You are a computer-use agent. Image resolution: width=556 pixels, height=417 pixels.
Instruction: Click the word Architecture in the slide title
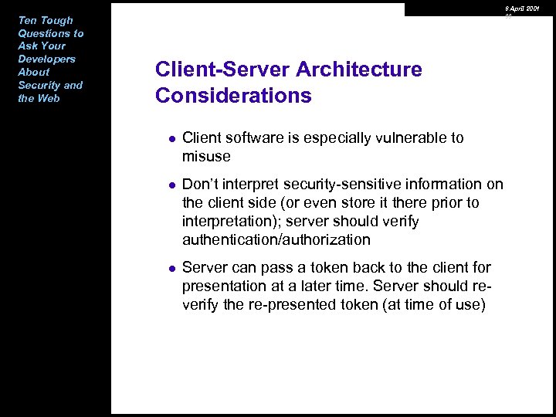tap(359, 69)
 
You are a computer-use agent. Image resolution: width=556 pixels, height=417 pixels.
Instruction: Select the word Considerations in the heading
tap(233, 96)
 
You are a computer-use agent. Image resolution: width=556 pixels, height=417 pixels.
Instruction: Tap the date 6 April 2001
tap(522, 8)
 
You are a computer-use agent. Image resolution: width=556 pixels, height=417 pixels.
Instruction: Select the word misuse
tap(206, 156)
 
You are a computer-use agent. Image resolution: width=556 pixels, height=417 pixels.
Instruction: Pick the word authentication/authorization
tap(276, 239)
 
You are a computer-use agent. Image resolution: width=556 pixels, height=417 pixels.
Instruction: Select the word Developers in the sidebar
tap(46, 59)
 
